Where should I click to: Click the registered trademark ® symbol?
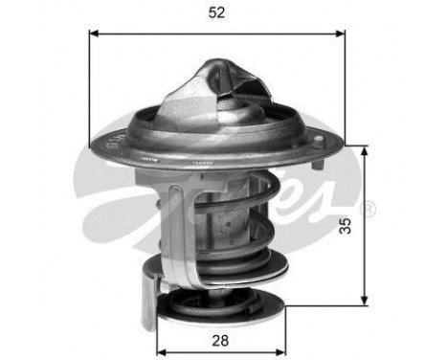(x=369, y=208)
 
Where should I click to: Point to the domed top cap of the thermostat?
(x=223, y=80)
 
